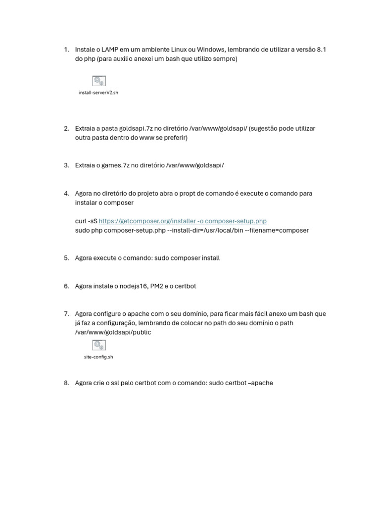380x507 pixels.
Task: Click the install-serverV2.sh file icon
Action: (x=99, y=81)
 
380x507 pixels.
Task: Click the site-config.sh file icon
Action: (x=99, y=345)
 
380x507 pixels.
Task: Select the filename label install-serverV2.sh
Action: (x=98, y=93)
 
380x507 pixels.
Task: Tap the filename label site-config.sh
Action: (x=98, y=357)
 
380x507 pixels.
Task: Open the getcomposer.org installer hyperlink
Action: (x=183, y=221)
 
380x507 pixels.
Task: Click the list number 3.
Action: (x=66, y=165)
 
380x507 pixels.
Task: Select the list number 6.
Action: (x=66, y=286)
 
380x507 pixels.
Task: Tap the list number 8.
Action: (x=66, y=383)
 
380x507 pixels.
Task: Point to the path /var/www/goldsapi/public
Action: (x=113, y=332)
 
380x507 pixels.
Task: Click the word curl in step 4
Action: (x=81, y=221)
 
